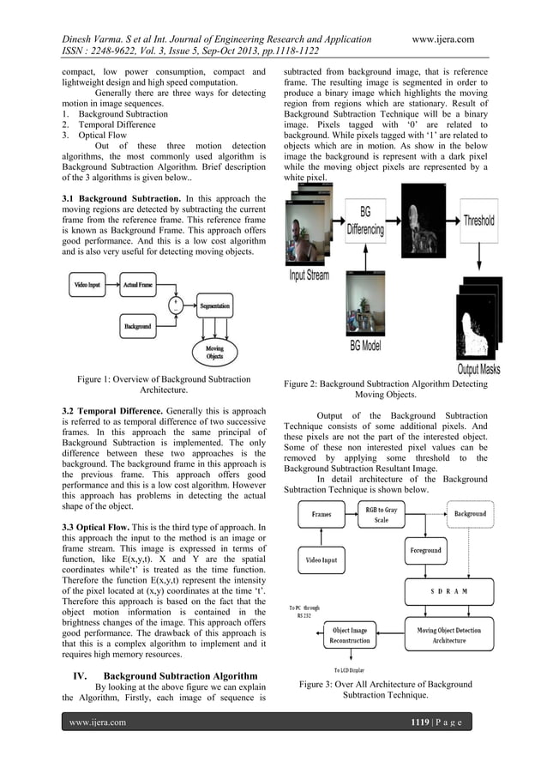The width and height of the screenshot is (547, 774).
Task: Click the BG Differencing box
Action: [x=365, y=221]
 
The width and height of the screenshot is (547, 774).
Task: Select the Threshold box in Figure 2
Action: [x=478, y=220]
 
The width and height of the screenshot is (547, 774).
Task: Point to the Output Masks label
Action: [x=478, y=369]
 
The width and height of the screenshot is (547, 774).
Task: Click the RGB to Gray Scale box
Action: [x=382, y=515]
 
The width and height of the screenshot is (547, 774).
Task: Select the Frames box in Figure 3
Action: [x=322, y=514]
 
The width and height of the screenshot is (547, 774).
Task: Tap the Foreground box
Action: [x=424, y=550]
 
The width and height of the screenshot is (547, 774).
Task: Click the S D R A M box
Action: [x=448, y=592]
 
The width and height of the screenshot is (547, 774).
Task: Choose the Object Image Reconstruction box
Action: [x=349, y=635]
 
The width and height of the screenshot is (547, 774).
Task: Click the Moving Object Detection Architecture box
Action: [x=449, y=635]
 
